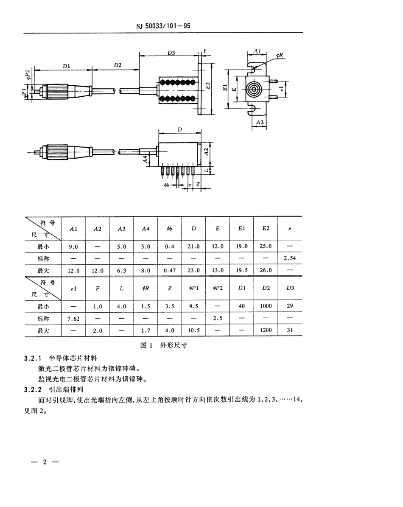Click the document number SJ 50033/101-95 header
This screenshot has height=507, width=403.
pyautogui.click(x=164, y=25)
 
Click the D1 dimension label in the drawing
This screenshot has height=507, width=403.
pyautogui.click(x=66, y=66)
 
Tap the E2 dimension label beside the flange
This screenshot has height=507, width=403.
pyautogui.click(x=207, y=85)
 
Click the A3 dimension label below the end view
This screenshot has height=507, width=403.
pyautogui.click(x=260, y=122)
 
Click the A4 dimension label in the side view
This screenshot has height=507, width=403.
pyautogui.click(x=146, y=159)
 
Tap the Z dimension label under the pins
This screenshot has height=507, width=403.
pyautogui.click(x=198, y=185)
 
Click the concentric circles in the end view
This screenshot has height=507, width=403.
pyautogui.click(x=254, y=89)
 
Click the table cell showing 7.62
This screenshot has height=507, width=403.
pyautogui.click(x=73, y=317)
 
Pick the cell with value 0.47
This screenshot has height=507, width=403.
pyautogui.click(x=169, y=269)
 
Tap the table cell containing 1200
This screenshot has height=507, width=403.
pyautogui.click(x=266, y=330)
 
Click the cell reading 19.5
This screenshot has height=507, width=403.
pyautogui.click(x=242, y=269)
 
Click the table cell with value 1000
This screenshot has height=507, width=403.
pyautogui.click(x=266, y=305)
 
